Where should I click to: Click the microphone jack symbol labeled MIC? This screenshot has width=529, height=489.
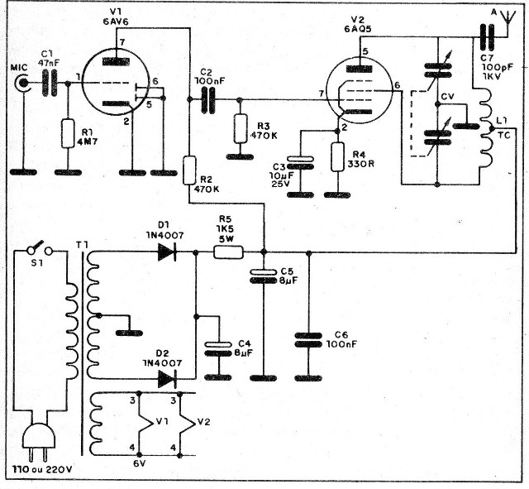(23, 83)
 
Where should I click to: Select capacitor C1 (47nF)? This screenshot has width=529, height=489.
(50, 83)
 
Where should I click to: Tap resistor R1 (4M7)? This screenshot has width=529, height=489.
(68, 133)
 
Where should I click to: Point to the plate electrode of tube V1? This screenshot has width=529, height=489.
(117, 62)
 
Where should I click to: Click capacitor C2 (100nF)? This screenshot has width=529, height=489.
(207, 99)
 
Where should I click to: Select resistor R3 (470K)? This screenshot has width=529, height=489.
(240, 128)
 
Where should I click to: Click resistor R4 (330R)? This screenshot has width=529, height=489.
(338, 156)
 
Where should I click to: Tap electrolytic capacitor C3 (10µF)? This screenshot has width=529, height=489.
(300, 163)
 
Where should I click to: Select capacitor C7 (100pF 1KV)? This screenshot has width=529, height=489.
(486, 37)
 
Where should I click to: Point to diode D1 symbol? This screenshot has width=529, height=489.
(167, 252)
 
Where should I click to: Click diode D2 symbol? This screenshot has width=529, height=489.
(167, 379)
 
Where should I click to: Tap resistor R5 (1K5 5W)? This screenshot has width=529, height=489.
(228, 252)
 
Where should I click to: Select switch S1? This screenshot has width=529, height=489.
(39, 249)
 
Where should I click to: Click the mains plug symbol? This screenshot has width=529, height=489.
(38, 443)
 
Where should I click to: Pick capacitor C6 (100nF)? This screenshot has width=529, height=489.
(308, 340)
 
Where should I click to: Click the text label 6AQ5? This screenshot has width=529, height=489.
(358, 29)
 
